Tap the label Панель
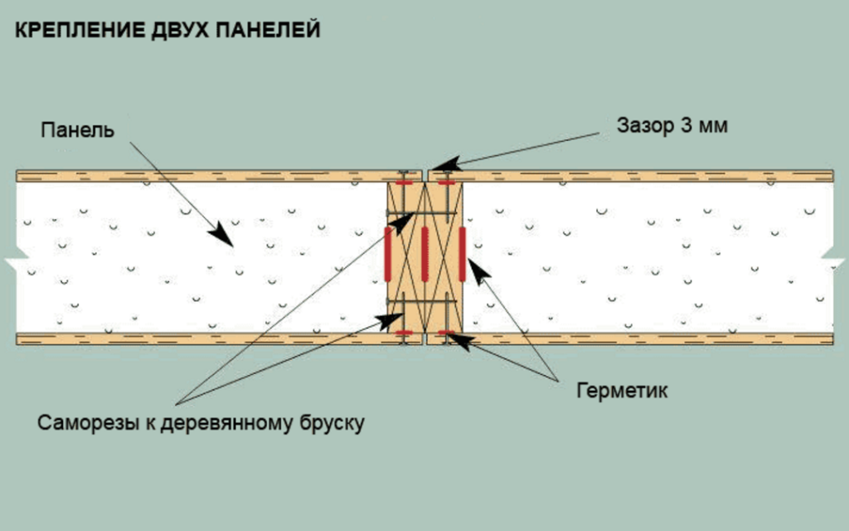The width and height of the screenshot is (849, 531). point(76,131)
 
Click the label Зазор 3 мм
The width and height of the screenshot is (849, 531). point(672,126)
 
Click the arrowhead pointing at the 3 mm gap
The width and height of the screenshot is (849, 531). point(442,165)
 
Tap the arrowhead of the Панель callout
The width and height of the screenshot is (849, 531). point(222,236)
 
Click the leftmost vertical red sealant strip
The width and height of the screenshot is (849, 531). point(388,252)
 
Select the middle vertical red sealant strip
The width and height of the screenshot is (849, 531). point(424,252)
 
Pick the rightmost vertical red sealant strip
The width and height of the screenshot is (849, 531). point(462,252)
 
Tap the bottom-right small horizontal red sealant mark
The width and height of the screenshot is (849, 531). point(446,333)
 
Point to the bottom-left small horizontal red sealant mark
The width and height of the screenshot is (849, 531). point(405,333)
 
